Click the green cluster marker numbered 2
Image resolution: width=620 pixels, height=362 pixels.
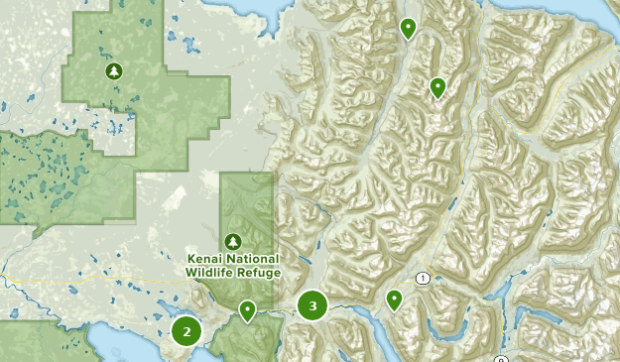click(186, 330)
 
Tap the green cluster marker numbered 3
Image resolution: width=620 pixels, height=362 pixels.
click(312, 306)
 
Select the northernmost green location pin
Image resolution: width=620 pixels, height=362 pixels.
click(407, 28)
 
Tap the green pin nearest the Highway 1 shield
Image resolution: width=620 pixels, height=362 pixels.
click(394, 299)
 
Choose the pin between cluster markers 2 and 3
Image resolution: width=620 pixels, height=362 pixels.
click(247, 311)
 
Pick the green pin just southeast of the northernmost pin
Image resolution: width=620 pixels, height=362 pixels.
click(437, 88)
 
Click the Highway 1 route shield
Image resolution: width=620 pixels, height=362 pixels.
click(425, 278)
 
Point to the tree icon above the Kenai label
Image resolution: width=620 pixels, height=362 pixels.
click(233, 241)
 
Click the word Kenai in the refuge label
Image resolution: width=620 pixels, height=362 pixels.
click(207, 260)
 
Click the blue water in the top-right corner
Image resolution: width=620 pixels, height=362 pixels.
click(600, 12)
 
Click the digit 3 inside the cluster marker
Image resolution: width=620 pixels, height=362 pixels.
click(312, 306)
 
